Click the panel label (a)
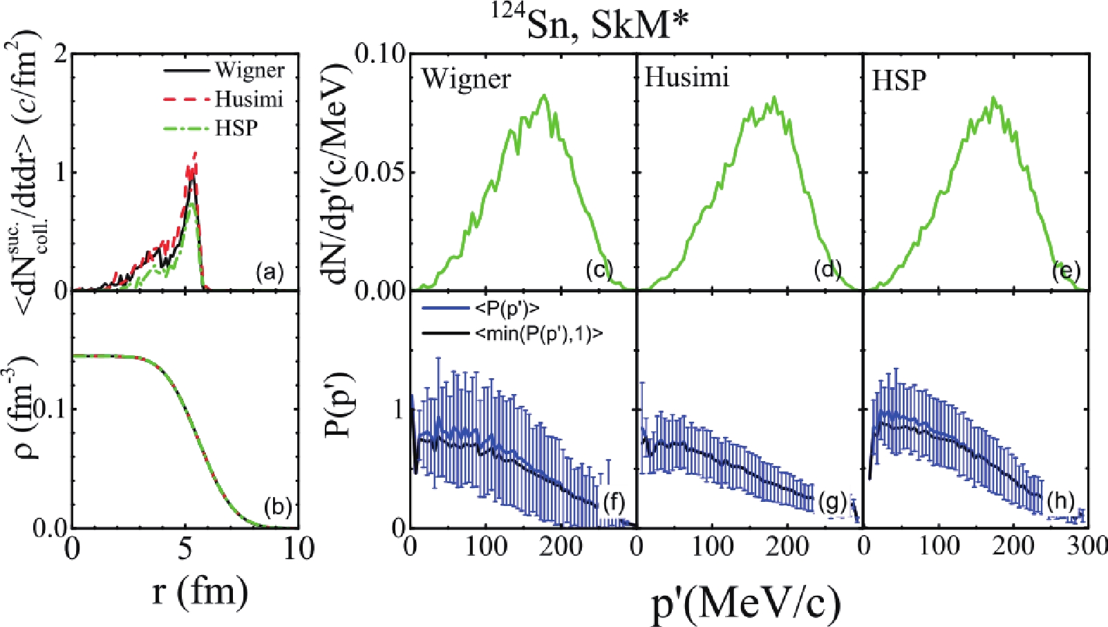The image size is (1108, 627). tap(269, 272)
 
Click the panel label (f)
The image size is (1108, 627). tap(614, 503)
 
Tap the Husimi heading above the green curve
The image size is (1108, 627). tap(686, 77)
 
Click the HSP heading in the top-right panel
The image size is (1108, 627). tap(899, 80)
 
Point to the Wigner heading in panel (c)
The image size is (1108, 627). tap(466, 79)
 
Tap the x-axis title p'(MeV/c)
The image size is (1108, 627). tap(747, 603)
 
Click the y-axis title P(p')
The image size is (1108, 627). tap(339, 408)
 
